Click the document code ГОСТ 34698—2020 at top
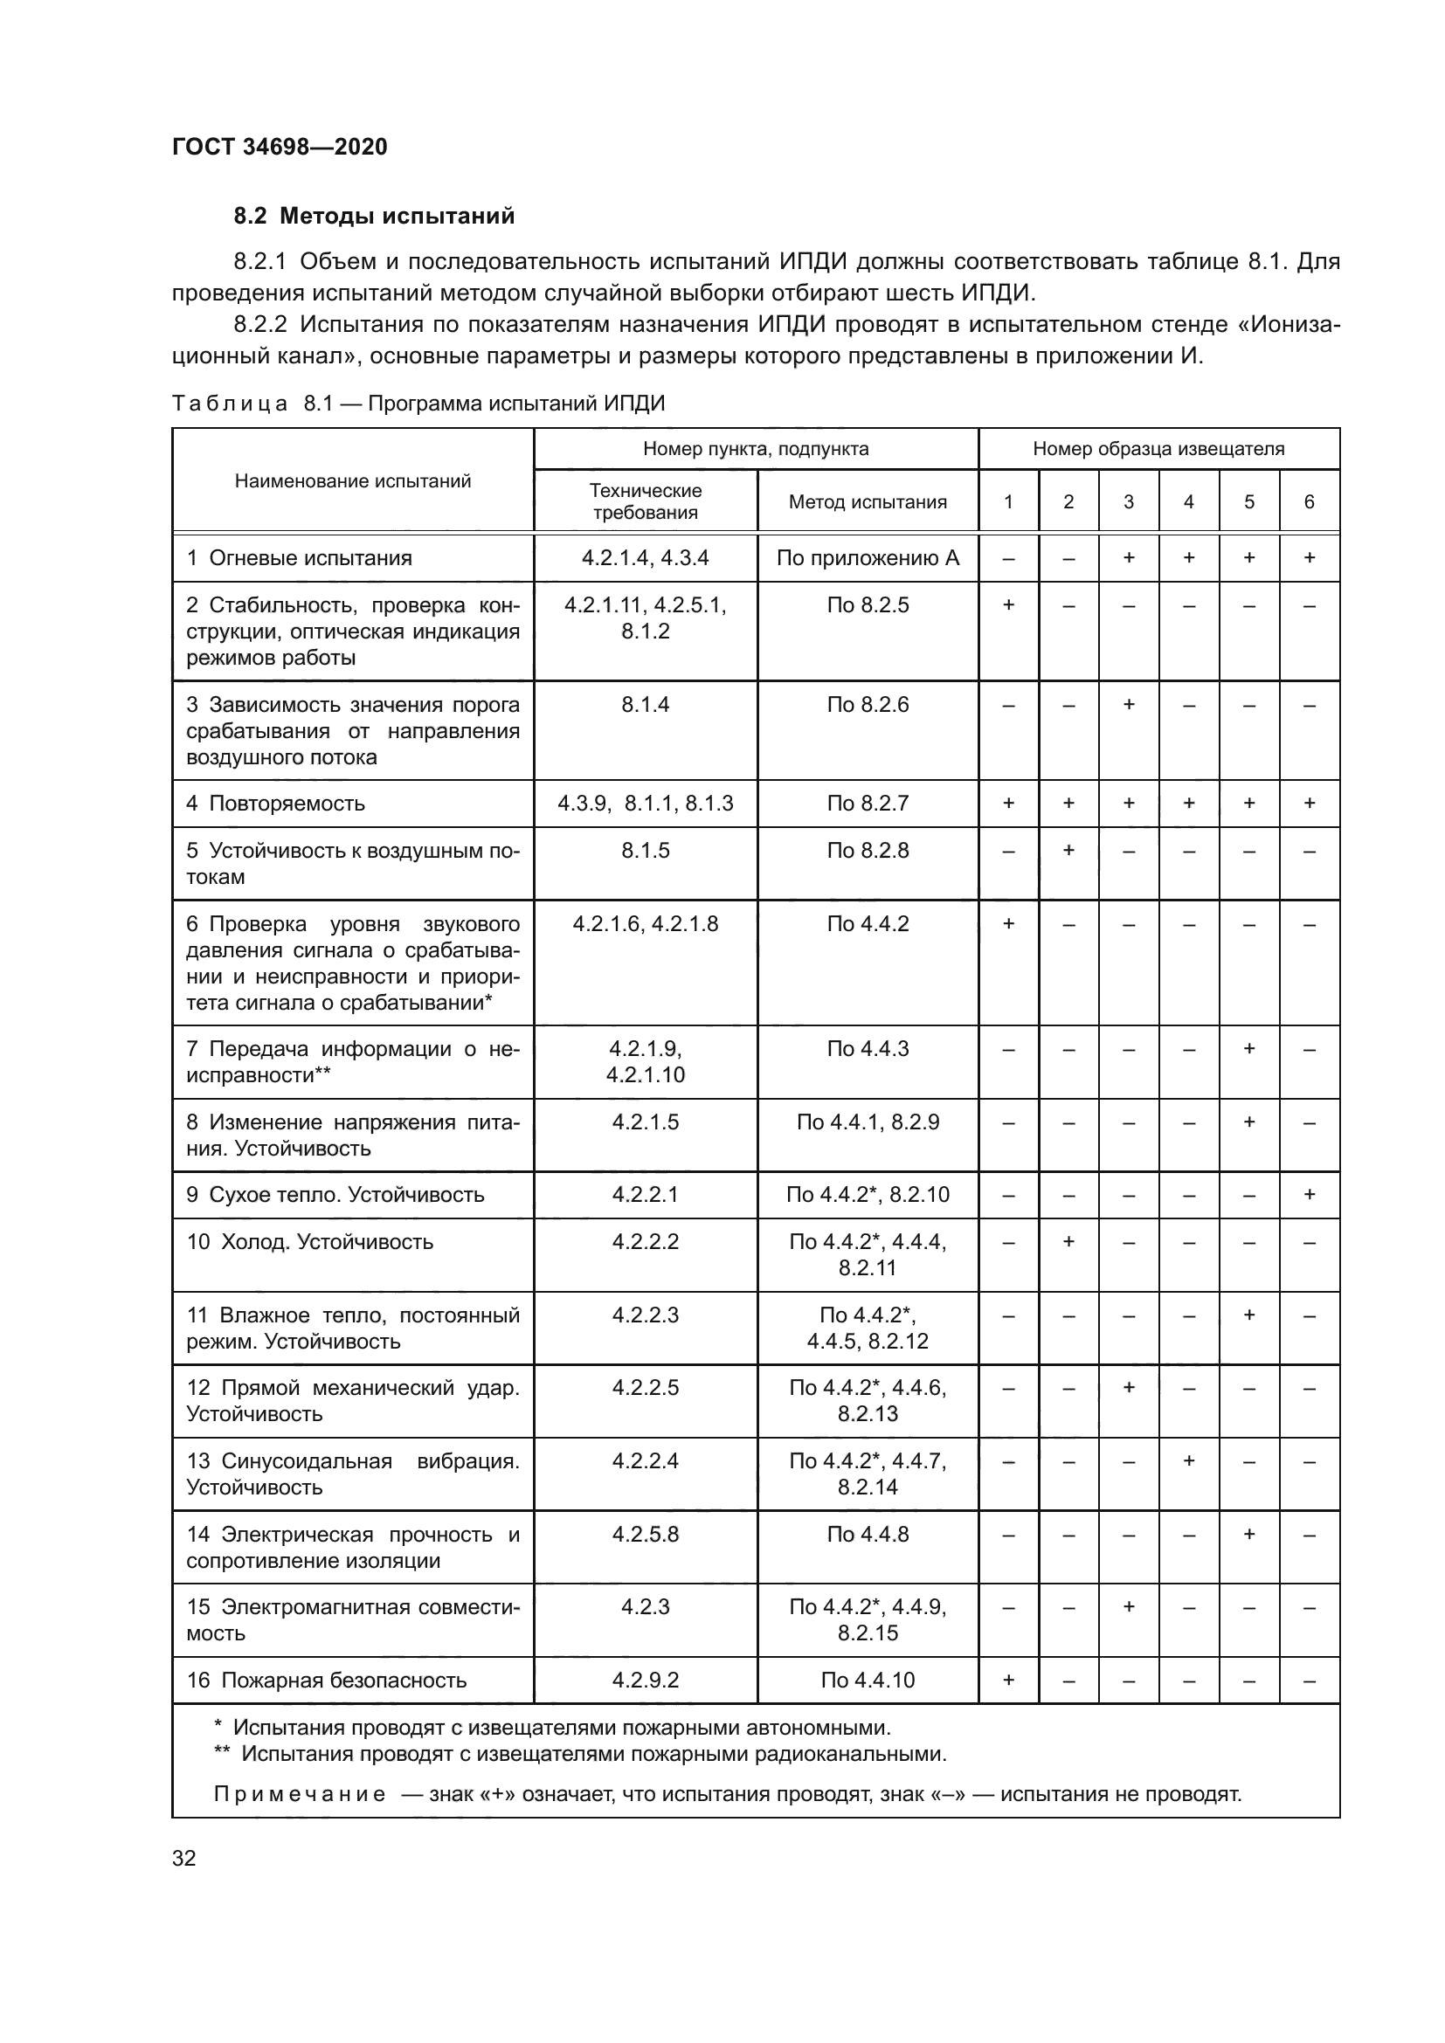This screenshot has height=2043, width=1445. click(280, 147)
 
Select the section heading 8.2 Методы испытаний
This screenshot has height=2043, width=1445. click(374, 217)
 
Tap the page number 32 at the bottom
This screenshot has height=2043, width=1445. click(184, 1858)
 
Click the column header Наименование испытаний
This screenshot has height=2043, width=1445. click(352, 481)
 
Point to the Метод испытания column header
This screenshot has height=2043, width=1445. click(868, 502)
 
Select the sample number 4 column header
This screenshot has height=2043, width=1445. click(1189, 502)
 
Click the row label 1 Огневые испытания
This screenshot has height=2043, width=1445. click(300, 558)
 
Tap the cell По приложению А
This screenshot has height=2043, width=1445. click(868, 558)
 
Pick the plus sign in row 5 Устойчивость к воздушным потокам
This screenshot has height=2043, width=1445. click(1068, 850)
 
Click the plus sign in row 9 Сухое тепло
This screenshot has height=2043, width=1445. click(1309, 1194)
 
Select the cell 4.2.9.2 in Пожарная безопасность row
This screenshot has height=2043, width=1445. click(645, 1680)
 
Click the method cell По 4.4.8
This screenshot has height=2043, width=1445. click(868, 1534)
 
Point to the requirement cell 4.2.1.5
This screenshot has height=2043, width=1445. click(645, 1122)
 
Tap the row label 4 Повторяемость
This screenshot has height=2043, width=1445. click(276, 804)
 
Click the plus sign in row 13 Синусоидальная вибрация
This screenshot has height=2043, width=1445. click(1189, 1460)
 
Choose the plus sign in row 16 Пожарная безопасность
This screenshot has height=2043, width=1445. click(1008, 1680)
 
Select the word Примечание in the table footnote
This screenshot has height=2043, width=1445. click(300, 1794)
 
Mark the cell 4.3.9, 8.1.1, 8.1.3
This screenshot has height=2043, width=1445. click(645, 804)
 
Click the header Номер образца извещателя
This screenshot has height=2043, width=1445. click(1158, 448)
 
